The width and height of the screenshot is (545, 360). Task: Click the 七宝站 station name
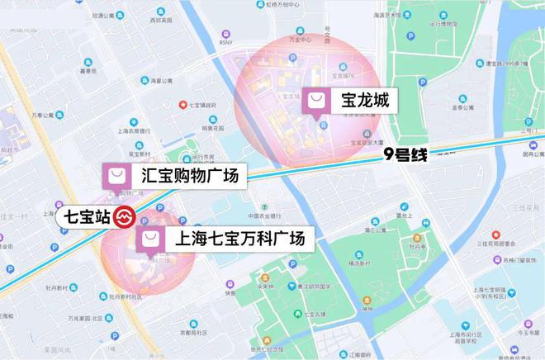(83, 218)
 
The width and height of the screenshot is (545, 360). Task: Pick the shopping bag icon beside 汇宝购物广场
(116, 176)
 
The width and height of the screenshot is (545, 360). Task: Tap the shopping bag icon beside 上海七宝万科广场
(150, 239)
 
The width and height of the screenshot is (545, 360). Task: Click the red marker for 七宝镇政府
(184, 105)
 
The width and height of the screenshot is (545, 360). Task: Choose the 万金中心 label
(299, 39)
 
